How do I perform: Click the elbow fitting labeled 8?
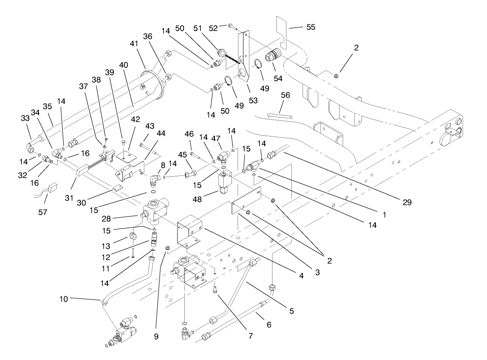tap(155, 180)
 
